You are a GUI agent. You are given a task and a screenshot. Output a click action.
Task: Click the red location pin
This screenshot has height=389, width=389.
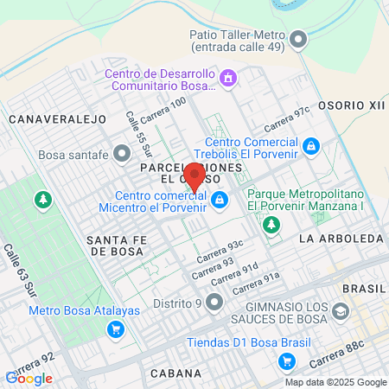coord(196,176)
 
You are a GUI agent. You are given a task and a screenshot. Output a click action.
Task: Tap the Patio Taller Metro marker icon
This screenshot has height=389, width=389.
coord(299,39)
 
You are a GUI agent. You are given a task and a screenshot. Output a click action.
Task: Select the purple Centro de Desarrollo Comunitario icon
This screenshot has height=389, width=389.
coord(228,80)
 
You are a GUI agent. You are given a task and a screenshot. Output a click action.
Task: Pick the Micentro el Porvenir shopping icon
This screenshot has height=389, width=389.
coord(220,201)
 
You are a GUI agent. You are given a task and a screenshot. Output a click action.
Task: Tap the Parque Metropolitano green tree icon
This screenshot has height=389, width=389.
coord(271,225)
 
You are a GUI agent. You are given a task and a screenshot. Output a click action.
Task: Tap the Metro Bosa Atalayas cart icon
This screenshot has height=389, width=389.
coord(115,328)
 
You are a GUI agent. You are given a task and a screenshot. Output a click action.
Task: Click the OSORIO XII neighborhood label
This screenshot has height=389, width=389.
coord(351,104)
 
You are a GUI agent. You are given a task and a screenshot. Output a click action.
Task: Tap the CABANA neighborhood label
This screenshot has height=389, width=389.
coord(175,373)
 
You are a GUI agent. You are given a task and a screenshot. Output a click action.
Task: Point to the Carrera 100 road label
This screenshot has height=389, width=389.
coord(164,107)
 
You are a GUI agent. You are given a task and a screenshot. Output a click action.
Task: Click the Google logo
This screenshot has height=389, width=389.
coord(29,378)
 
